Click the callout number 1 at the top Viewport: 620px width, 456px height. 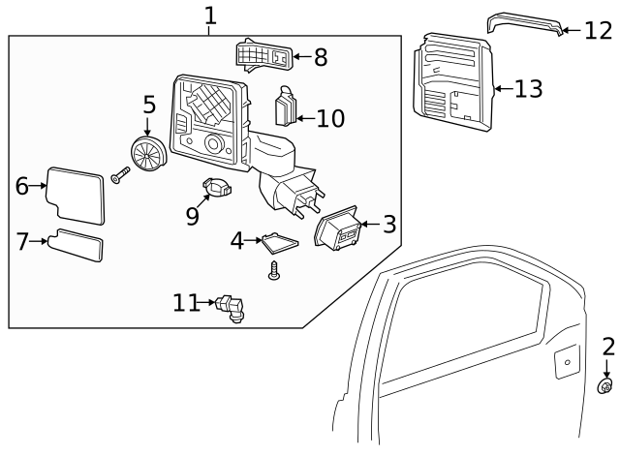tap(210, 15)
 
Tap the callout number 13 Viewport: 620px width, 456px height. tap(529, 89)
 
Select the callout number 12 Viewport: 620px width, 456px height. tap(598, 31)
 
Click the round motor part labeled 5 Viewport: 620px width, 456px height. tap(149, 154)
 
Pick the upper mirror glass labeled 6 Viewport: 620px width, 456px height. tap(76, 191)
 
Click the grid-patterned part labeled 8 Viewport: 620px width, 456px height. tap(263, 55)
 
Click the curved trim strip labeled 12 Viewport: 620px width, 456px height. tap(524, 23)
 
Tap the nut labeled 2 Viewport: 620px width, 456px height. tap(605, 387)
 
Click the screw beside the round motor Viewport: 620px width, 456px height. tap(120, 175)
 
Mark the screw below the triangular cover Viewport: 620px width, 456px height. tap(274, 273)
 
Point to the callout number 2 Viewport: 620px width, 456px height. tap(608, 347)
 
